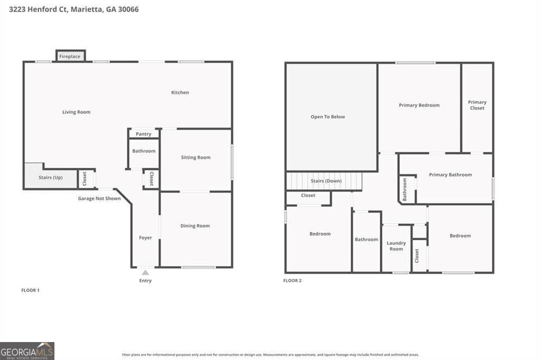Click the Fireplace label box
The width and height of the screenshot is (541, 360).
[x=70, y=56]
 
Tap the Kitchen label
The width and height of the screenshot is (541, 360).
[x=180, y=92]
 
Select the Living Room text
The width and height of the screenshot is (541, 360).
[x=76, y=112]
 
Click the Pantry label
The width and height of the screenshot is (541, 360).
[x=143, y=134]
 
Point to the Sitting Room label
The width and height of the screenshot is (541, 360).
[x=195, y=157]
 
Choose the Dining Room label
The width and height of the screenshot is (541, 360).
[x=195, y=226]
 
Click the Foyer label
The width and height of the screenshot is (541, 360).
[x=145, y=238]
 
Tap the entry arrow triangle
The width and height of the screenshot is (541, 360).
[x=145, y=272]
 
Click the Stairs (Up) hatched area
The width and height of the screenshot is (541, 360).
[x=50, y=177]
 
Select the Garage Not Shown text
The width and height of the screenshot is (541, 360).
[x=99, y=198]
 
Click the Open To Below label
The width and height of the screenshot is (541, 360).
[x=328, y=117]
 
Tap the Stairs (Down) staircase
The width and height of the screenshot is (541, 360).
[x=325, y=181]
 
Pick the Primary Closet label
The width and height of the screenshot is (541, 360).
[x=477, y=105]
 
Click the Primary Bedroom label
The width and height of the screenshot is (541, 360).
[x=419, y=105]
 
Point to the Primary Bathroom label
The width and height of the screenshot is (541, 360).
[x=450, y=175]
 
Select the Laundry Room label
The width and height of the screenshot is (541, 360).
[x=396, y=246]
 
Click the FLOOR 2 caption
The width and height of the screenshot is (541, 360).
[x=293, y=280]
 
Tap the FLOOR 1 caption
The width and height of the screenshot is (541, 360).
[x=30, y=290]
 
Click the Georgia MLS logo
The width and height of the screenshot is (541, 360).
[x=27, y=350]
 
